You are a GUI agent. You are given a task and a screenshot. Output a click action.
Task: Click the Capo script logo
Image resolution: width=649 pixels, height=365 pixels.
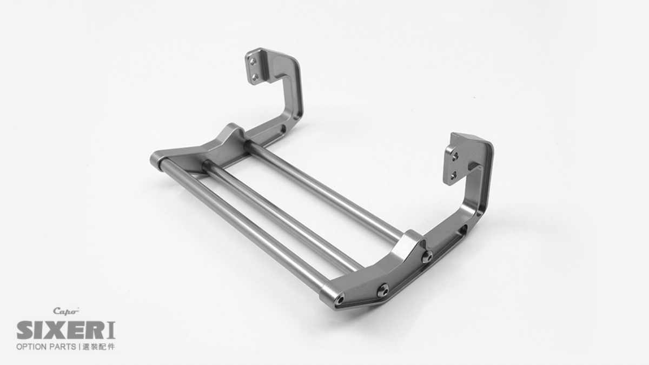[x=66, y=311]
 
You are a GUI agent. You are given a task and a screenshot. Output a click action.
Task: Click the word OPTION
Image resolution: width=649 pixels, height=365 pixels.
[x=31, y=347]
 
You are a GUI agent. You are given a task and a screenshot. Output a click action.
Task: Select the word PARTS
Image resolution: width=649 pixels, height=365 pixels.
[x=62, y=347]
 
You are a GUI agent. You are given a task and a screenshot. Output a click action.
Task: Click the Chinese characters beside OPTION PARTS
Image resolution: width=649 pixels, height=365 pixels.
[x=99, y=347]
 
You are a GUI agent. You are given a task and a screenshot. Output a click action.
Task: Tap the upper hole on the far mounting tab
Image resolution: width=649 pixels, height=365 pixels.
[x=253, y=62]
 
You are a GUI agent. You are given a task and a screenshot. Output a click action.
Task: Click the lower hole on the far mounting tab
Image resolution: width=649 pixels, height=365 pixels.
[x=255, y=77]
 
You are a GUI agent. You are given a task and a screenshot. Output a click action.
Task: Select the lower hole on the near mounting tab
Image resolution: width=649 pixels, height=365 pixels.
[x=454, y=175]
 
